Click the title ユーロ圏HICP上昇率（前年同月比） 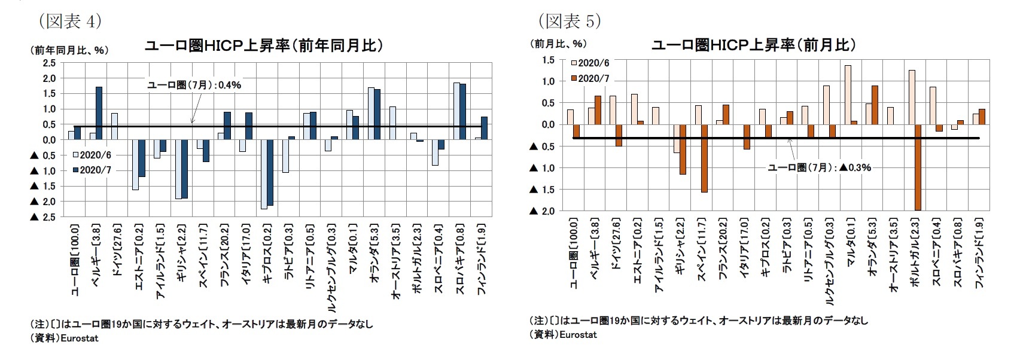click(263, 46)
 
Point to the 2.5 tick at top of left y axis click(49, 63)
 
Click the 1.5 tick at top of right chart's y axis click(548, 60)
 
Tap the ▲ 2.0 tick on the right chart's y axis click(542, 211)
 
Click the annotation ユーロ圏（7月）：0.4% click(194, 85)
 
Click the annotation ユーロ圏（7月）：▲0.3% click(819, 167)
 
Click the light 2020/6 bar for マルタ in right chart click(848, 94)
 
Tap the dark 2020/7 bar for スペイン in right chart click(704, 158)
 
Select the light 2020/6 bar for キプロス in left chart click(264, 174)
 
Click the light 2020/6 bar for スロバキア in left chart click(456, 111)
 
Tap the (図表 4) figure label click(70, 22)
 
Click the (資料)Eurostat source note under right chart click(563, 335)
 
